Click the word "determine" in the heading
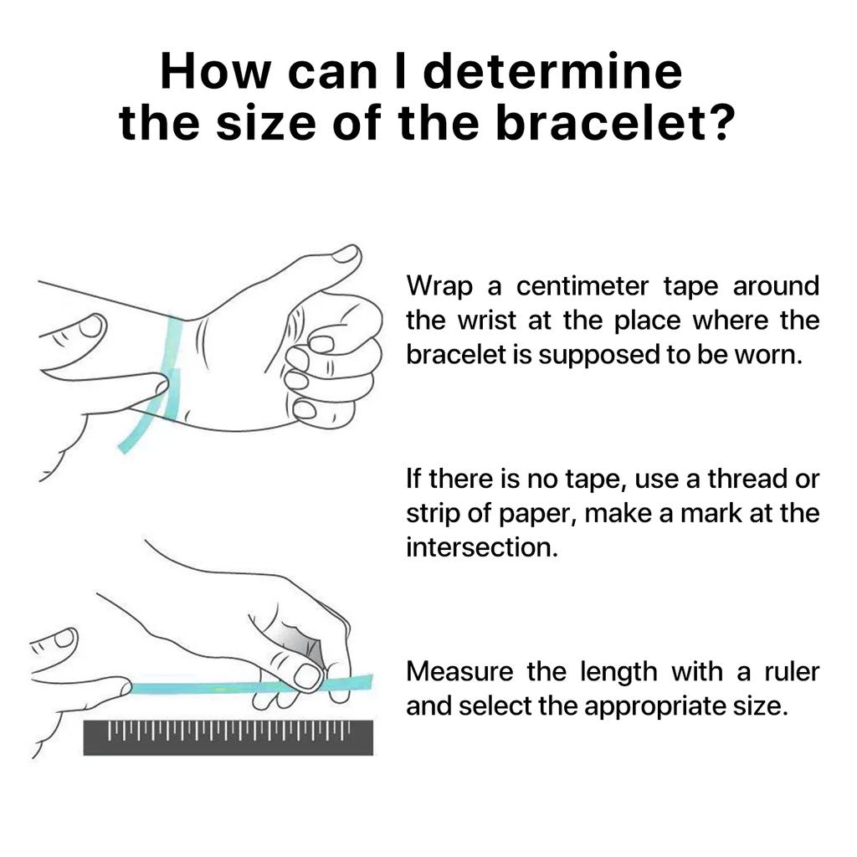553,71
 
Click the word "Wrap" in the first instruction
439,286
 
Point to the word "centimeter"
582,286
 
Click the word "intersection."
482,547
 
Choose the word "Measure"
459,672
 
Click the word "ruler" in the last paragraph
792,672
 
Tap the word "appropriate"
652,706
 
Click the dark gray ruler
228,737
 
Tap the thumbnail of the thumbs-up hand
346,254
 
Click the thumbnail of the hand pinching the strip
308,676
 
